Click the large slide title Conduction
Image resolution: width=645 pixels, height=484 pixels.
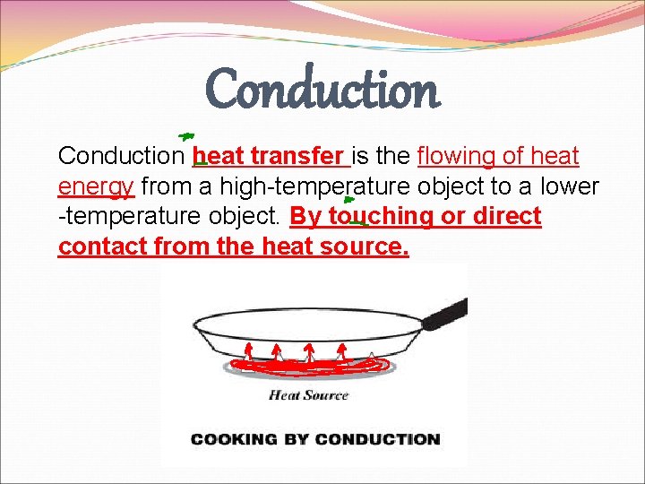coord(322,89)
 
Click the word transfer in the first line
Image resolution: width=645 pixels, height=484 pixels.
coord(307,157)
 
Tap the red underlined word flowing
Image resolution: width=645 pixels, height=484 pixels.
coord(457,157)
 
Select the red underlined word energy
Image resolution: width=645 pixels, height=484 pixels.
coord(96,187)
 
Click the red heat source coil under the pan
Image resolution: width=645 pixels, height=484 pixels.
coord(310,366)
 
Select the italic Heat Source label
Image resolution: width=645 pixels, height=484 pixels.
coord(308,394)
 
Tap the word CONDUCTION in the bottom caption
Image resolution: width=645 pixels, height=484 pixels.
coord(377,439)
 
